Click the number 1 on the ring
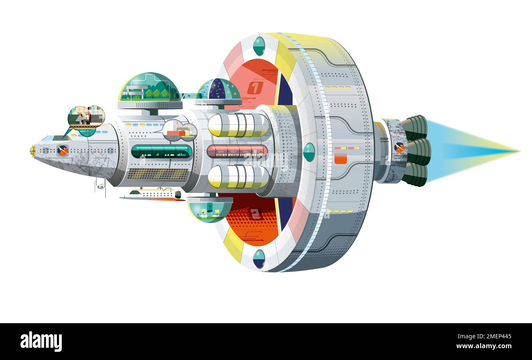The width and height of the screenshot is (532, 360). coord(255,88)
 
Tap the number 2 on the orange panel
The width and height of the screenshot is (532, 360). coord(255,214)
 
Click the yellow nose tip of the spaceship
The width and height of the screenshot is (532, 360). coord(32,151)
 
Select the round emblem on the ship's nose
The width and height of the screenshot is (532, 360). coord(62,151)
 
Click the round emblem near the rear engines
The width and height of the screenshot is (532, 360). coord(399,147)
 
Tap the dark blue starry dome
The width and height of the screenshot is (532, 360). coord(218,90)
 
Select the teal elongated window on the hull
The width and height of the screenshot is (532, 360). coord(161,151)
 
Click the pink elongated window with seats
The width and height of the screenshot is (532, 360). coord(237,151)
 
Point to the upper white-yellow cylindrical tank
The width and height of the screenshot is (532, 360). coord(238,125)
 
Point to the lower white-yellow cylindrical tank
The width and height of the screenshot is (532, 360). coord(238,177)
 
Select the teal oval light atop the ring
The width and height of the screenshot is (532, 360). coord(259,46)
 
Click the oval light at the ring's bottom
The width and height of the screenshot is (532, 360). coord(259,259)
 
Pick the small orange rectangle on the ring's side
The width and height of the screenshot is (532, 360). coord(340,159)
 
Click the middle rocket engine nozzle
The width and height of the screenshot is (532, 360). coord(418,151)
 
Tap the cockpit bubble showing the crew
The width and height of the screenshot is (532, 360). coord(86,117)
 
